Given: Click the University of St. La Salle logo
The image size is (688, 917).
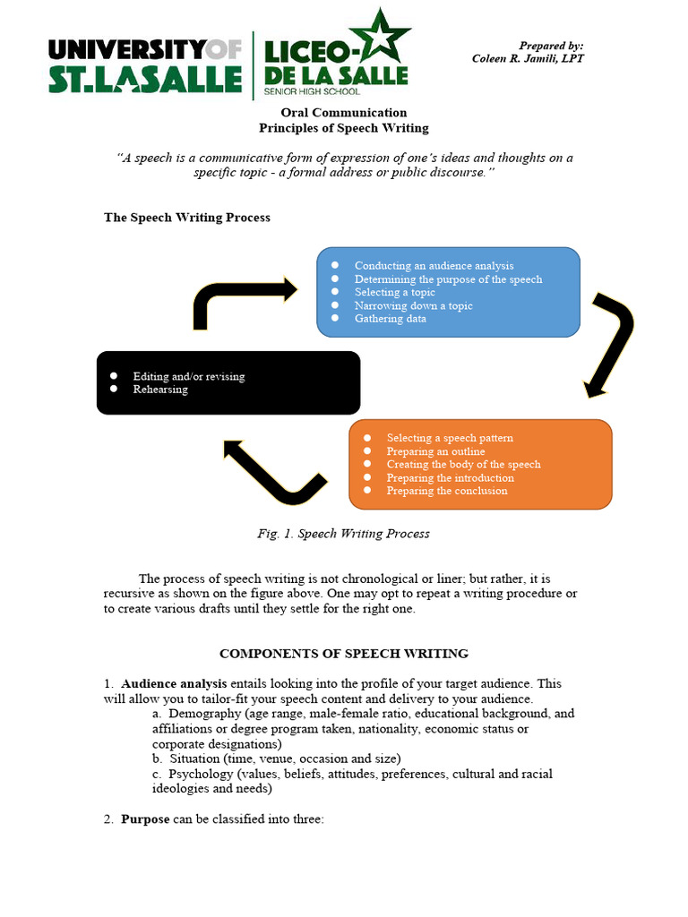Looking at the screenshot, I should pyautogui.click(x=144, y=65).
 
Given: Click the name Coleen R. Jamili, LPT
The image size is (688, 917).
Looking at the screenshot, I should pyautogui.click(x=528, y=59).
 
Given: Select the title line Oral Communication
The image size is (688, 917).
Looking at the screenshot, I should pyautogui.click(x=344, y=113).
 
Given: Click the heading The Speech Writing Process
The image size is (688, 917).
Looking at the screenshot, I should pyautogui.click(x=187, y=218).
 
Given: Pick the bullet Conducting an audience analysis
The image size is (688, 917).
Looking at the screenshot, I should pyautogui.click(x=434, y=266).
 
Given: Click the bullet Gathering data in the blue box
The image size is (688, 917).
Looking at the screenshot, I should pyautogui.click(x=390, y=319).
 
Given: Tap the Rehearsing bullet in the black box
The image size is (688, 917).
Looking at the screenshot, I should pyautogui.click(x=160, y=390).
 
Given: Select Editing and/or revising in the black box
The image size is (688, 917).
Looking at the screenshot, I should pyautogui.click(x=188, y=376).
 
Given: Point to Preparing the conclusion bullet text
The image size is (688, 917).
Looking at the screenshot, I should pyautogui.click(x=446, y=491).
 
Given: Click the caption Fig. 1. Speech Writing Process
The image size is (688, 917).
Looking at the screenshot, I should pyautogui.click(x=343, y=534).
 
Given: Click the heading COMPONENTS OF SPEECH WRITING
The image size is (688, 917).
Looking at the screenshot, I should pyautogui.click(x=344, y=654).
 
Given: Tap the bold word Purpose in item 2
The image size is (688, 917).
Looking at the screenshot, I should pyautogui.click(x=145, y=819).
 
